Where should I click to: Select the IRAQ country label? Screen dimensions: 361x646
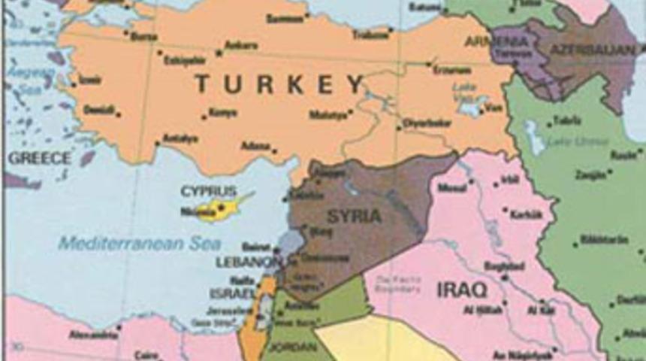[462, 289]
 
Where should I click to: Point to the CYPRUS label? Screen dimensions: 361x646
[208, 191]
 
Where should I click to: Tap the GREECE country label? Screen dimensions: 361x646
[40, 159]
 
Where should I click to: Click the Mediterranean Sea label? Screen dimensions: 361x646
[140, 244]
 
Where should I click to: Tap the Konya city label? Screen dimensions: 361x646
[222, 113]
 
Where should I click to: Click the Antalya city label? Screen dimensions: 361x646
[180, 138]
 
